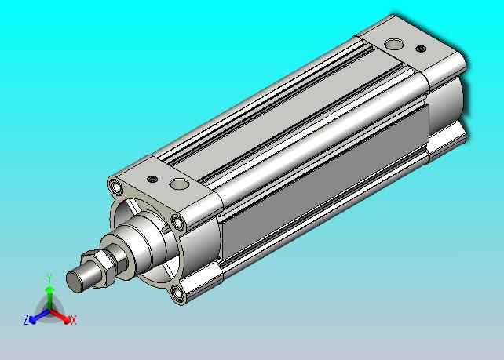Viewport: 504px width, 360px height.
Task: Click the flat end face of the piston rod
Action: [x=73, y=282]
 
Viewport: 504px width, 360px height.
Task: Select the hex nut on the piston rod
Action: [x=100, y=268]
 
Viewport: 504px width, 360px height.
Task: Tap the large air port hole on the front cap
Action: [x=178, y=184]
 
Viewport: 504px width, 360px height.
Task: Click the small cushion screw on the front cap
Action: [x=152, y=179]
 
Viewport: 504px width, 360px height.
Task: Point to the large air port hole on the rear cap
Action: [x=394, y=44]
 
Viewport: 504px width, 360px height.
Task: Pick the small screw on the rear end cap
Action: [x=421, y=49]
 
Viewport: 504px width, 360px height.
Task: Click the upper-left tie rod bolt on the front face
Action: [x=115, y=187]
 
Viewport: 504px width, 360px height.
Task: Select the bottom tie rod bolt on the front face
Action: [x=177, y=293]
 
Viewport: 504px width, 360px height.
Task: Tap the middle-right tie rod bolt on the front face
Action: [x=177, y=222]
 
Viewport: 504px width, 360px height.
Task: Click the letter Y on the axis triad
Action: [x=49, y=278]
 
